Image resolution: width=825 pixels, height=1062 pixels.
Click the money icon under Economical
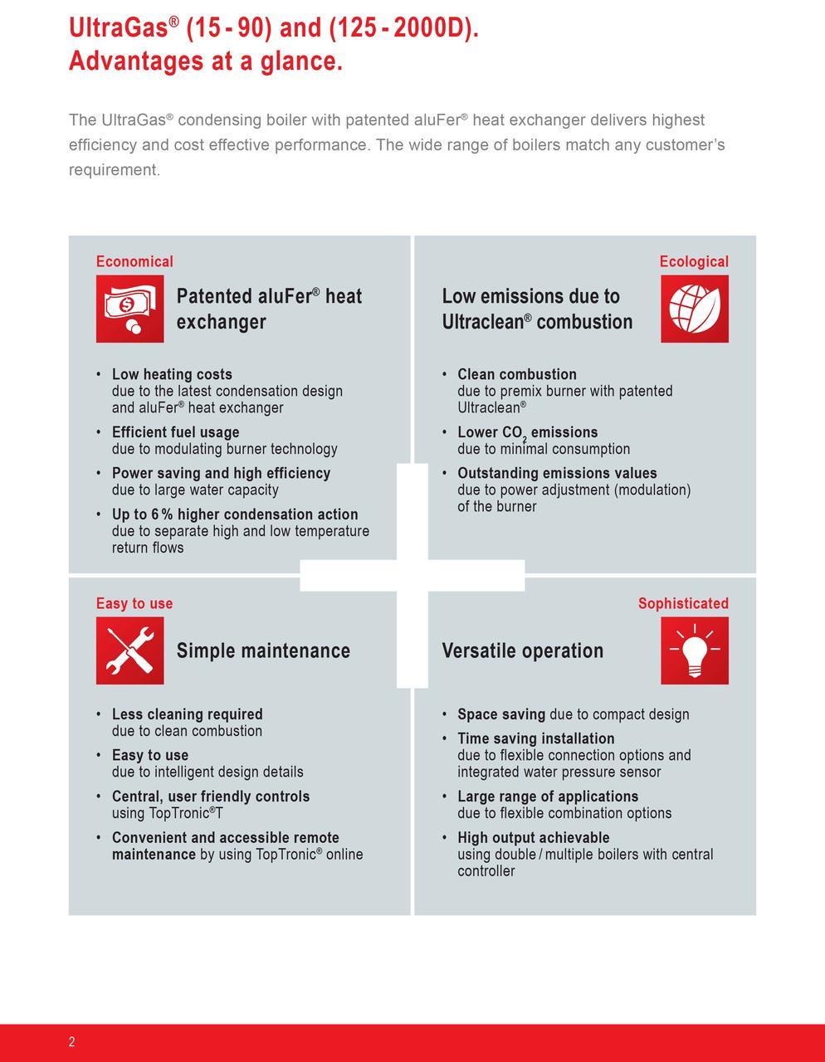pyautogui.click(x=129, y=309)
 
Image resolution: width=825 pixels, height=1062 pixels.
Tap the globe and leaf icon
pyautogui.click(x=694, y=309)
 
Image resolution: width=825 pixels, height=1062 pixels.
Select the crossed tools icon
pyautogui.click(x=129, y=650)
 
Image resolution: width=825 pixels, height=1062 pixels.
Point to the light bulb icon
pyautogui.click(x=694, y=650)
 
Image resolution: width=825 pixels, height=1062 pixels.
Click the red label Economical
pyautogui.click(x=134, y=261)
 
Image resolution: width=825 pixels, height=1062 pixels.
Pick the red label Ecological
pyautogui.click(x=694, y=261)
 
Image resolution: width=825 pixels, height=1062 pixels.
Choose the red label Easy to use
pyautogui.click(x=134, y=603)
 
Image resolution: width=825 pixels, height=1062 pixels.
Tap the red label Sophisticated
pyautogui.click(x=683, y=603)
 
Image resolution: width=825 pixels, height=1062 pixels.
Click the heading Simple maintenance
pyautogui.click(x=263, y=650)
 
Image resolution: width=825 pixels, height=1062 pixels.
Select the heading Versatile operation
pyautogui.click(x=523, y=650)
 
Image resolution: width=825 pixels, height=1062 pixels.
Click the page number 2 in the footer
pyautogui.click(x=72, y=1042)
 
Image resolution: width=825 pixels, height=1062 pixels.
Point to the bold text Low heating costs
pyautogui.click(x=172, y=374)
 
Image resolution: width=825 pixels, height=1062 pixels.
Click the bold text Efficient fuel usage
pyautogui.click(x=175, y=432)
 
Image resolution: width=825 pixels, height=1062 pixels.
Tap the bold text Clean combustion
pyautogui.click(x=516, y=374)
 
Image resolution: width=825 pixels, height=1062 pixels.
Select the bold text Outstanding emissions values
pyautogui.click(x=557, y=473)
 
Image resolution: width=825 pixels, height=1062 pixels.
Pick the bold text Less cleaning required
pyautogui.click(x=187, y=714)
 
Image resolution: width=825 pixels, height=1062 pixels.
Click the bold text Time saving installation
pyautogui.click(x=535, y=738)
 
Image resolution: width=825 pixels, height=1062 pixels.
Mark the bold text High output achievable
pyautogui.click(x=533, y=838)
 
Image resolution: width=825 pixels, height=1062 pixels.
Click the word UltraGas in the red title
pyautogui.click(x=118, y=28)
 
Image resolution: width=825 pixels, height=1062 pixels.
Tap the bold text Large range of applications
pyautogui.click(x=548, y=796)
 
